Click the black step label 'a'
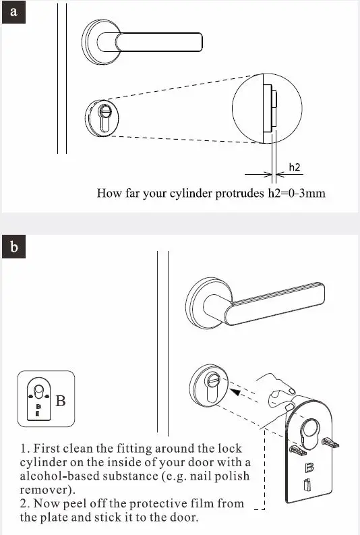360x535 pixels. [14, 13]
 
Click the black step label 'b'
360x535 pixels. [14, 248]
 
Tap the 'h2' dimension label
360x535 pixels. [295, 167]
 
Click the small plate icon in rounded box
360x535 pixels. [37, 400]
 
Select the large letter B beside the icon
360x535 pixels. [61, 401]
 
